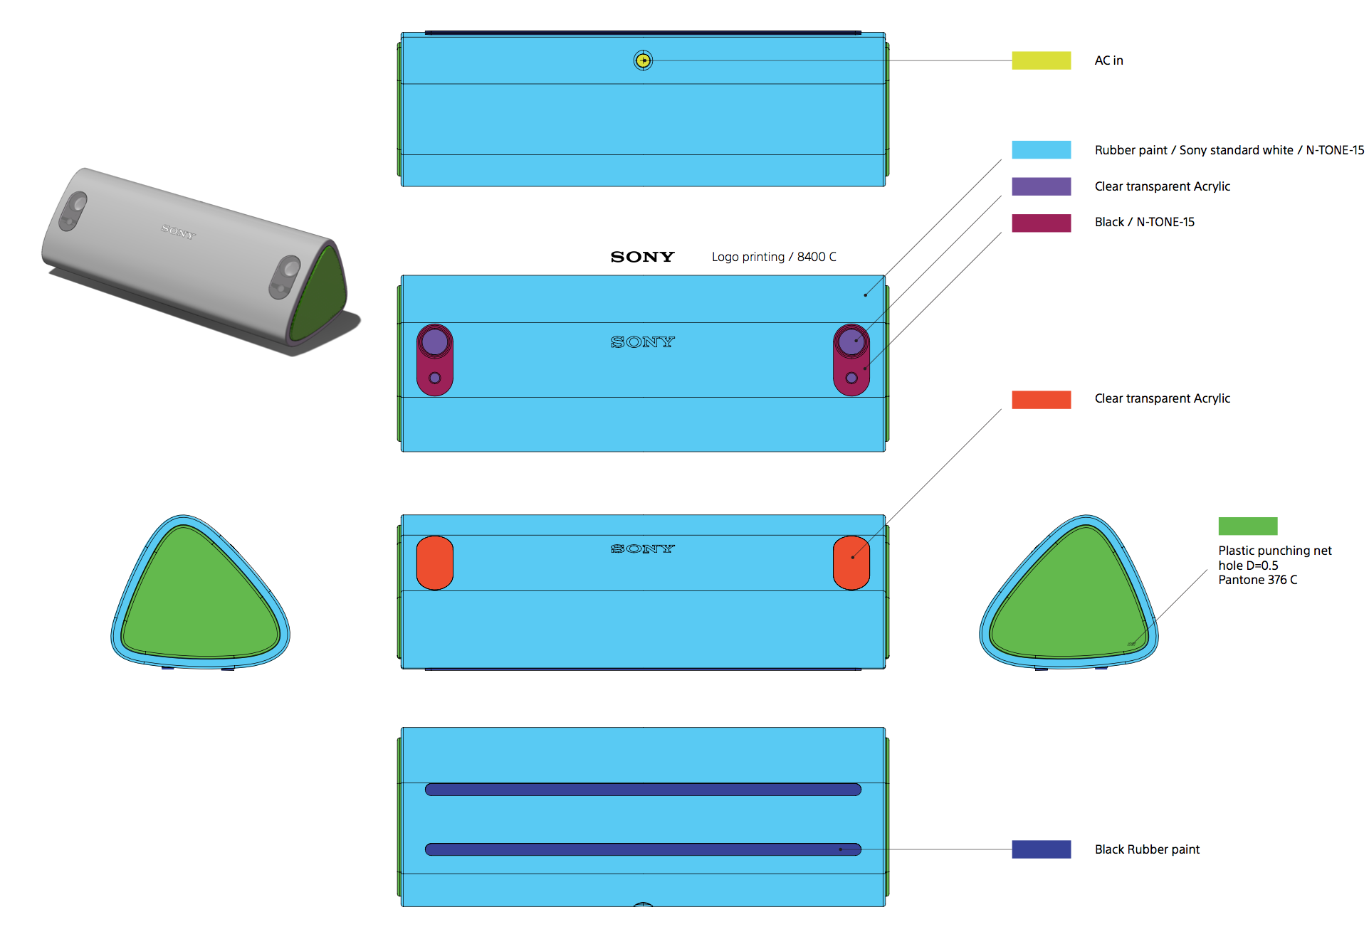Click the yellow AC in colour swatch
point(1041,60)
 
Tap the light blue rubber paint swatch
point(1041,149)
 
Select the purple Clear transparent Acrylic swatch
point(1041,186)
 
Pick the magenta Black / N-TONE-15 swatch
point(1041,223)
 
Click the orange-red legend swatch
point(1041,399)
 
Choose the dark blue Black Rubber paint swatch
point(1041,849)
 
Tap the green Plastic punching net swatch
point(1247,526)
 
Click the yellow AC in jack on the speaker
point(643,60)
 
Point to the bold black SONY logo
point(642,257)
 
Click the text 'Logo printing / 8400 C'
point(774,257)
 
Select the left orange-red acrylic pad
point(435,563)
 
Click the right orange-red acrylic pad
point(851,563)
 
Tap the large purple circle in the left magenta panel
point(435,342)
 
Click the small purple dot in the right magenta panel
point(851,378)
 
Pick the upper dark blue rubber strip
point(643,789)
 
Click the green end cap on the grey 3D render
point(320,295)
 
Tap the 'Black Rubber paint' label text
point(1147,849)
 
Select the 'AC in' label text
point(1108,60)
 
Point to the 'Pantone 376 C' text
point(1257,580)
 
